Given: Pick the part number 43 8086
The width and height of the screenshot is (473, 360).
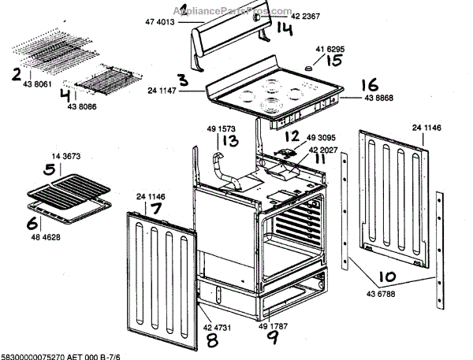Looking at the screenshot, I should click(x=83, y=107).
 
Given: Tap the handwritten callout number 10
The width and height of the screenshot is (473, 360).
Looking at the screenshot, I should click(x=387, y=276).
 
